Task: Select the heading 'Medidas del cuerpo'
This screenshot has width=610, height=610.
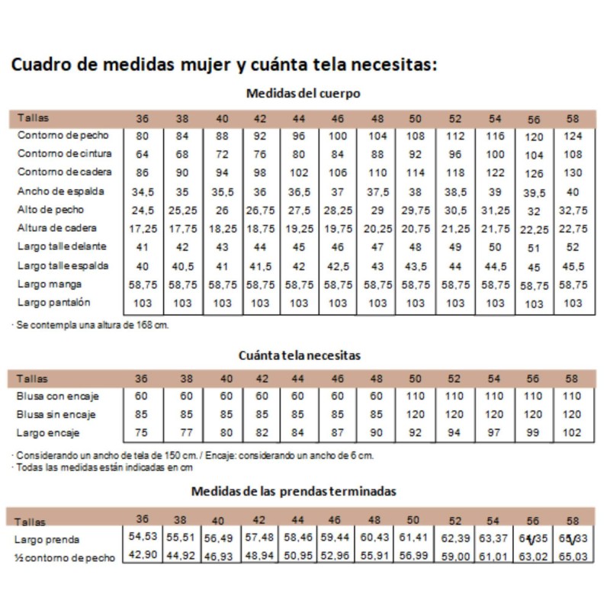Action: tap(303, 94)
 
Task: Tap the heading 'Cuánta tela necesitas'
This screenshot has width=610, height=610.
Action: tap(300, 355)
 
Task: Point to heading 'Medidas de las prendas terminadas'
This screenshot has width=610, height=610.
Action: tap(294, 491)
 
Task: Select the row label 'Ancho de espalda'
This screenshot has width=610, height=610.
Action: tap(60, 191)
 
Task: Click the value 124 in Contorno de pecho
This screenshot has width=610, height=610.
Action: tap(573, 136)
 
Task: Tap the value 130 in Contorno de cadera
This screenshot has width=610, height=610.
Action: tap(573, 173)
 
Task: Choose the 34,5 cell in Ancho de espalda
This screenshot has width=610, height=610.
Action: tap(143, 191)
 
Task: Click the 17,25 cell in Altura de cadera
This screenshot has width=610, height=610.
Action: tap(143, 229)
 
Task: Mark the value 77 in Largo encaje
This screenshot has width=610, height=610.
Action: tap(186, 433)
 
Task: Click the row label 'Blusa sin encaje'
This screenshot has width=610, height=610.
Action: tap(58, 415)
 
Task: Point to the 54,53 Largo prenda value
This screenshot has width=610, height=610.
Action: tap(142, 538)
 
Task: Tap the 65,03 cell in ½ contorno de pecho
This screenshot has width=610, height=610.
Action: tap(573, 557)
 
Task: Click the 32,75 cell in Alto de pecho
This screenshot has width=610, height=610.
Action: tap(573, 210)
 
